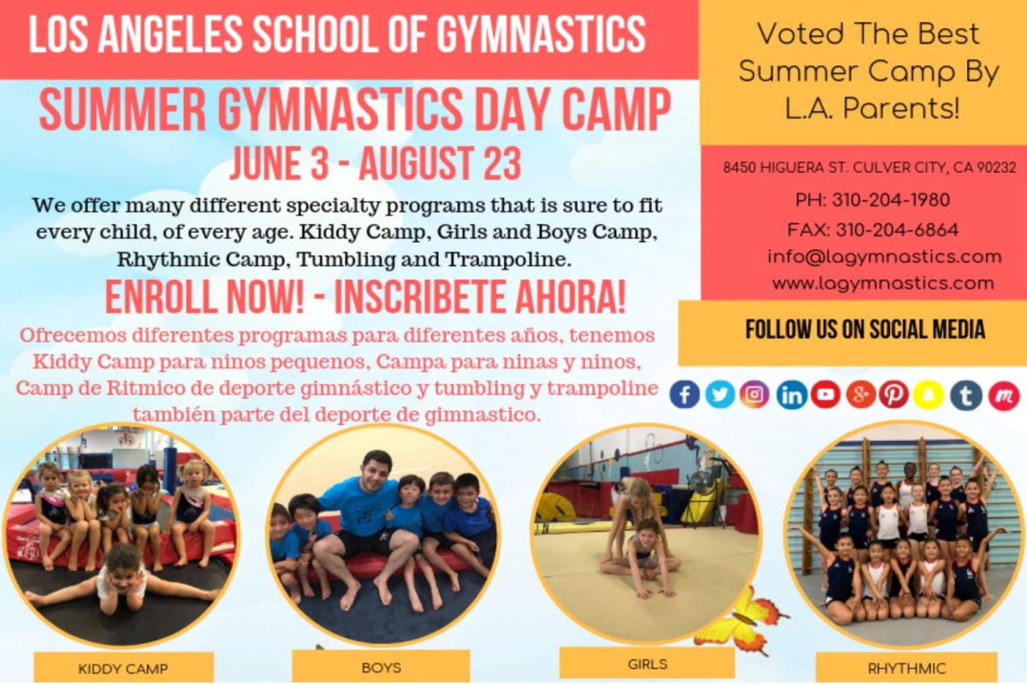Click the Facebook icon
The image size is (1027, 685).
click(x=684, y=394)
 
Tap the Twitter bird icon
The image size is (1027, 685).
click(x=720, y=394)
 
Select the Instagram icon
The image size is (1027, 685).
click(x=754, y=394)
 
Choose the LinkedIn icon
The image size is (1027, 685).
click(x=792, y=394)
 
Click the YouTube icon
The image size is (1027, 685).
click(x=826, y=394)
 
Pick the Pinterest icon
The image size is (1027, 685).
click(x=893, y=394)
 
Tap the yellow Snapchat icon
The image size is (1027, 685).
click(x=929, y=394)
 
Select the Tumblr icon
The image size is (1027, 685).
click(x=966, y=394)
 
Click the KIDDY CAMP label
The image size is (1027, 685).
click(x=123, y=669)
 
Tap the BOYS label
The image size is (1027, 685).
click(x=381, y=668)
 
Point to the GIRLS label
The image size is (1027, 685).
click(x=647, y=664)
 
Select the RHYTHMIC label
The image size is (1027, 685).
click(x=906, y=669)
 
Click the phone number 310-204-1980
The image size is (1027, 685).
click(x=891, y=200)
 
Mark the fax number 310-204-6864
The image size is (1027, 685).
click(x=897, y=229)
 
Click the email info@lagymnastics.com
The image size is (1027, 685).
click(x=884, y=257)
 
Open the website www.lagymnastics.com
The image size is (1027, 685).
click(x=883, y=283)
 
